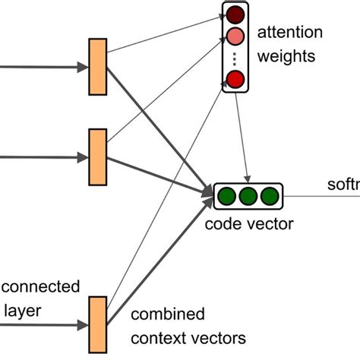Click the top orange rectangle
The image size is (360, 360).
[x=97, y=67]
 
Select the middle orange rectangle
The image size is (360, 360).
[x=97, y=157]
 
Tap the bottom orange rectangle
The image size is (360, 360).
[x=97, y=325]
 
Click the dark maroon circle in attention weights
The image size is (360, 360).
[x=235, y=14]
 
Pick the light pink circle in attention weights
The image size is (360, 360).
[x=235, y=36]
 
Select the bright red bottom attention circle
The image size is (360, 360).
[x=235, y=79]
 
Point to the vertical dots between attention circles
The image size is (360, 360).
[x=235, y=58]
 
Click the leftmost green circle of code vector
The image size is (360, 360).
[x=226, y=197]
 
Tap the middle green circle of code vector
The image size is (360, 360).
[x=248, y=197]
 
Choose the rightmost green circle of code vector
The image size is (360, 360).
[x=269, y=197]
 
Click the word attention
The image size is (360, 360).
[x=290, y=33]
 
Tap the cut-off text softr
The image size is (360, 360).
[x=343, y=185]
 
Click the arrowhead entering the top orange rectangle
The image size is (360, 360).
[x=83, y=67]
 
